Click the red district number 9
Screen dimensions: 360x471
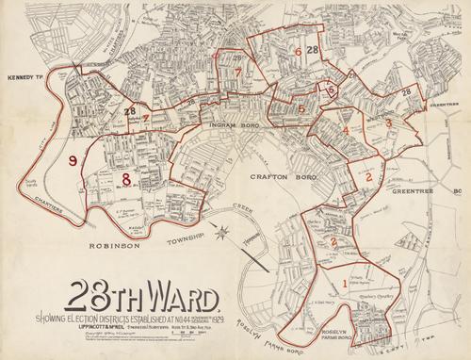[73, 161]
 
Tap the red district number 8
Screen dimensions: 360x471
[125, 178]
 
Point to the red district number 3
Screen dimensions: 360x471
[388, 123]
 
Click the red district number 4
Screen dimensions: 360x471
[346, 129]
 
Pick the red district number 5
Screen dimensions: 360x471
[300, 109]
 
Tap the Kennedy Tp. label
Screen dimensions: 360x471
[25, 77]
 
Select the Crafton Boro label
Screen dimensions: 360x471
[275, 176]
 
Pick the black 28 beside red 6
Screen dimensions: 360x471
[312, 50]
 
